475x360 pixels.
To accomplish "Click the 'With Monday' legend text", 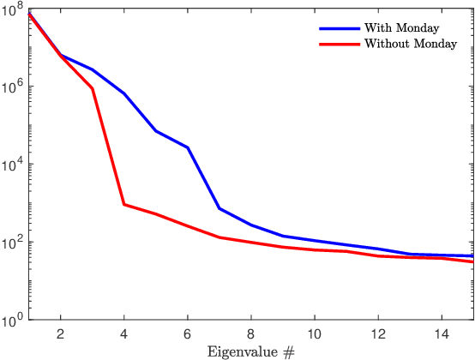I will pos(401,27).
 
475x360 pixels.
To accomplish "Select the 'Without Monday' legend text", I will pos(410,43).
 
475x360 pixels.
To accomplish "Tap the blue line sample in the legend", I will pos(339,27).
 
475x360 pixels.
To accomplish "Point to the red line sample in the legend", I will pos(339,43).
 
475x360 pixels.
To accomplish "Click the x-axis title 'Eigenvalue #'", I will pos(250,351).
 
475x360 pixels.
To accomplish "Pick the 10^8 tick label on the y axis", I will pos(14,9).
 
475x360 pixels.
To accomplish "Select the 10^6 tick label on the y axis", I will pos(14,87).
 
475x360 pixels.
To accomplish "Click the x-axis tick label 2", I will pos(61,333).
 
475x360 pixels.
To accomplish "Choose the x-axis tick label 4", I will pos(124,333).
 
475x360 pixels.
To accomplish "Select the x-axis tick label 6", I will pos(188,333).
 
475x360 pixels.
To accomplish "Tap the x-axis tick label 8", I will pos(251,333).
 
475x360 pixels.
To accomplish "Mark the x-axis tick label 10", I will pos(315,333).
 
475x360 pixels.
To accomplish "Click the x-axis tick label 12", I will pos(378,333).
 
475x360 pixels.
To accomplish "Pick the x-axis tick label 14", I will pos(442,333).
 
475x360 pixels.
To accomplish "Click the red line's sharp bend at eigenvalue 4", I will pos(124,204).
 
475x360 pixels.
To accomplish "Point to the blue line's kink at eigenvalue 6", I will pos(188,147).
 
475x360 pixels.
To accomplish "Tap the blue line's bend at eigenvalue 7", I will pos(219,208).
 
